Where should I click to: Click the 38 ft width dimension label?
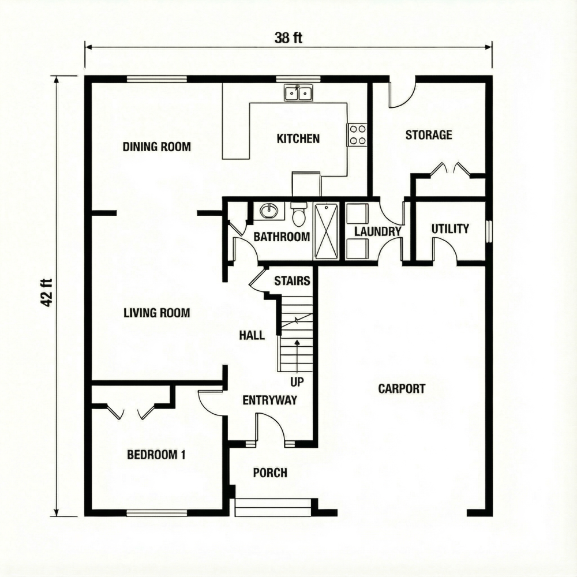(288, 39)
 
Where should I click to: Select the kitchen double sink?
(298, 92)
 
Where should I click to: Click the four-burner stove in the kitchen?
(357, 134)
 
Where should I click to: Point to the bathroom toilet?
(299, 215)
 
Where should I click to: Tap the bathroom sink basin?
(269, 211)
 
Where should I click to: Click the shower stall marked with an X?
(327, 230)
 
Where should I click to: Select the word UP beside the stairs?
(297, 381)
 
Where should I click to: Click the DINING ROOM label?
(156, 147)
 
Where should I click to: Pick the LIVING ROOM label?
(156, 313)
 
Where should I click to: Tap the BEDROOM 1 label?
(156, 455)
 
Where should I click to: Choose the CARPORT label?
(402, 388)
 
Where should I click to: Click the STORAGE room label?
(428, 135)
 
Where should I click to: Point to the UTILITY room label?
(450, 229)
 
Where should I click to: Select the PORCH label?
(270, 473)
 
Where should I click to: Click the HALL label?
(252, 335)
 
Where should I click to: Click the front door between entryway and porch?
(270, 430)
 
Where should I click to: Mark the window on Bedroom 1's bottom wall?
(156, 512)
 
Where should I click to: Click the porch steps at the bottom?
(273, 507)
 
